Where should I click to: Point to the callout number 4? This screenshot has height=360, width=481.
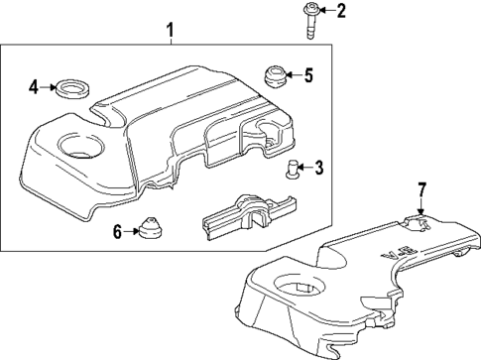click(x=33, y=87)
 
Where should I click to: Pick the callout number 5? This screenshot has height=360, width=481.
click(x=307, y=74)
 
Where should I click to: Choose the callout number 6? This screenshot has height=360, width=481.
click(x=116, y=232)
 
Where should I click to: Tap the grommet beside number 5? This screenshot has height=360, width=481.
click(x=273, y=75)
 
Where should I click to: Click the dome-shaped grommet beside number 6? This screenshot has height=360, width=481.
click(x=151, y=228)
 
